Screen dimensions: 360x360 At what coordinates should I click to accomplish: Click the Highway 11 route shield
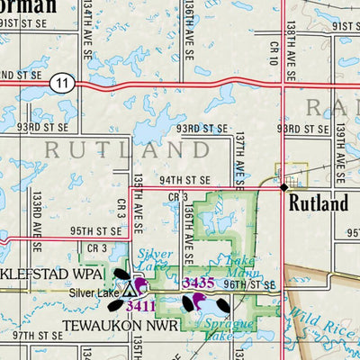60,82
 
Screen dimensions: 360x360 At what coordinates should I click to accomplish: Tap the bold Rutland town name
318,204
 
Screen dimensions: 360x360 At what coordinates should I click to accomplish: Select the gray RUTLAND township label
104,149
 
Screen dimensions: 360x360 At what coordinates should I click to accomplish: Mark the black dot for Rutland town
283,187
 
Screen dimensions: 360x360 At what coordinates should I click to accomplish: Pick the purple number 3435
197,283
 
